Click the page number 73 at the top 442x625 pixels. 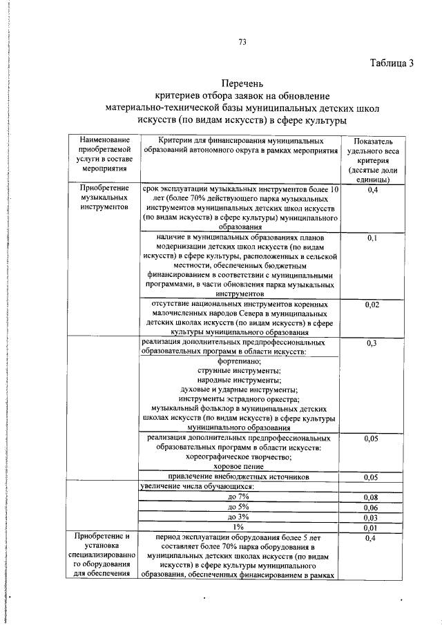tap(242, 41)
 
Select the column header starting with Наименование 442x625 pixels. tap(104, 155)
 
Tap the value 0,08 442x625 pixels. tap(372, 497)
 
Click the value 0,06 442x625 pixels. tap(372, 507)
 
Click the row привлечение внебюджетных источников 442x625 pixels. tap(240, 477)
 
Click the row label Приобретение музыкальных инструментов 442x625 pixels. tap(104, 198)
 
